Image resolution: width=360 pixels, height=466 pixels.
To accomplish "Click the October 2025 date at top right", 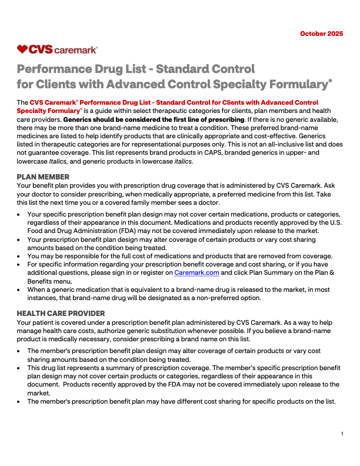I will pyautogui.click(x=321, y=34).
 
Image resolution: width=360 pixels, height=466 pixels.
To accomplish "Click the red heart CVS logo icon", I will pyautogui.click(x=23, y=49).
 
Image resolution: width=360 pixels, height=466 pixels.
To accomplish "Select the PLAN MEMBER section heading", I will pyautogui.click(x=43, y=177).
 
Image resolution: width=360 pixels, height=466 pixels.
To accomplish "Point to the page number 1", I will pyautogui.click(x=342, y=434).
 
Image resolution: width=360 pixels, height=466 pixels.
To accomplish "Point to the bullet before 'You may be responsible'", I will pyautogui.click(x=21, y=256).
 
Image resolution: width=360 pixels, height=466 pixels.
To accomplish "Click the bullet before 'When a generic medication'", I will pyautogui.click(x=21, y=290).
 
